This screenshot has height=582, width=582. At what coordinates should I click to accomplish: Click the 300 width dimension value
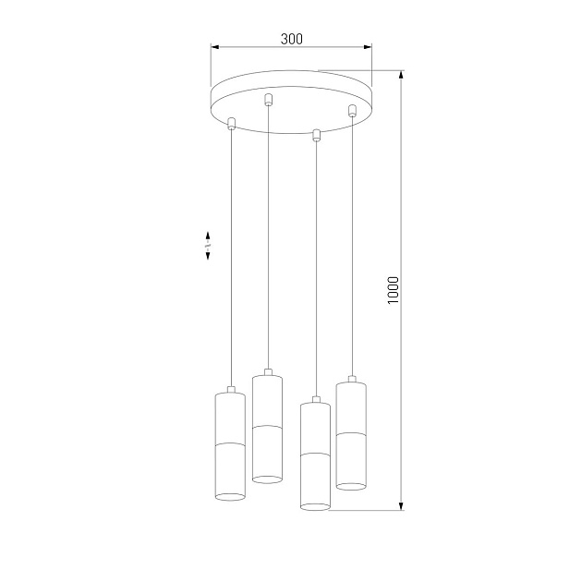click(x=291, y=39)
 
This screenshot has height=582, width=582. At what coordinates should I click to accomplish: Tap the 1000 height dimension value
click(x=393, y=290)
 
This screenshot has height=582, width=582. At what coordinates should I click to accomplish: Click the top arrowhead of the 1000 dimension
click(x=401, y=74)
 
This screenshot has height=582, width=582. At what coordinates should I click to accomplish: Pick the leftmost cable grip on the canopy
click(x=231, y=123)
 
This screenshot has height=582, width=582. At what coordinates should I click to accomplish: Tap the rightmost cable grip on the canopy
click(x=351, y=112)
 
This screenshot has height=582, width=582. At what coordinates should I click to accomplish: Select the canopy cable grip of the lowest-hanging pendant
click(x=316, y=136)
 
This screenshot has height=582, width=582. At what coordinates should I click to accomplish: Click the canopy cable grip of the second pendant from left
click(x=268, y=100)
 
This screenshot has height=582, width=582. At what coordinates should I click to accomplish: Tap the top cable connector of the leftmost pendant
click(x=229, y=387)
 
